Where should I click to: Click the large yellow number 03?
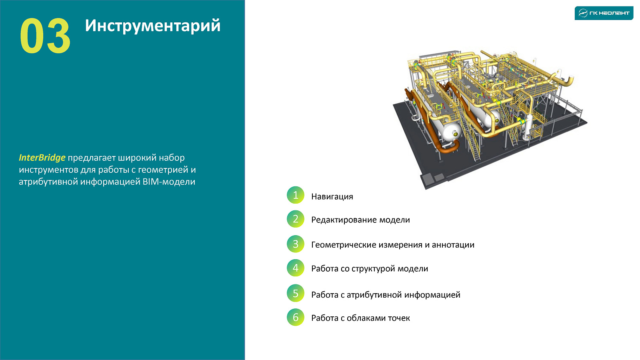click(45, 36)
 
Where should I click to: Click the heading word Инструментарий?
click(152, 26)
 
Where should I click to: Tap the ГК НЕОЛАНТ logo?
click(604, 13)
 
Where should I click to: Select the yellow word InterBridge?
click(42, 158)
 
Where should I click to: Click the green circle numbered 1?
click(296, 195)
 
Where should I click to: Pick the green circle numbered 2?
click(296, 219)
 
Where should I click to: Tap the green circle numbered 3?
click(296, 244)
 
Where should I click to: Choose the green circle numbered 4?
click(296, 268)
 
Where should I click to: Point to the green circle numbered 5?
click(296, 293)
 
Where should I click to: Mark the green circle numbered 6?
click(296, 317)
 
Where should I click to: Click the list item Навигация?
click(332, 197)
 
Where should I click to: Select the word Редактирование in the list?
click(344, 220)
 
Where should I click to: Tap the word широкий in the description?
click(137, 158)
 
